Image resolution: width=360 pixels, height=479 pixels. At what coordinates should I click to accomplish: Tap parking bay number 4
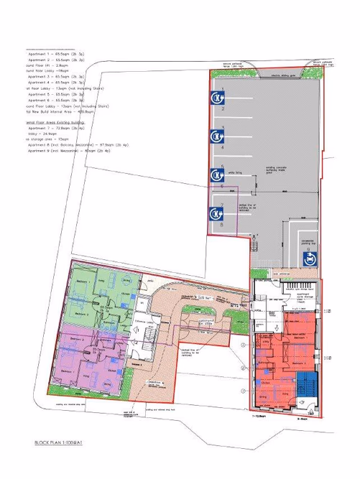[x=223, y=147]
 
